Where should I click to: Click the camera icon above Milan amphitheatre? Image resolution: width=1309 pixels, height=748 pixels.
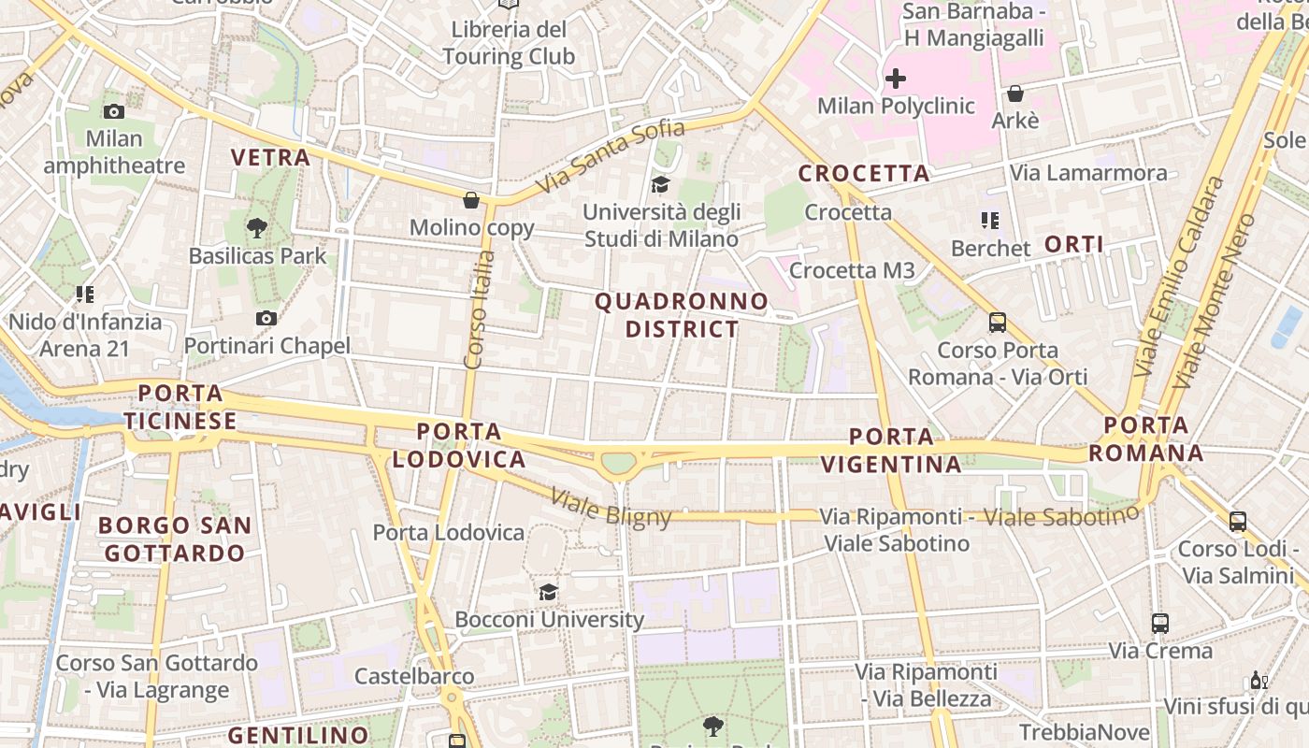114,111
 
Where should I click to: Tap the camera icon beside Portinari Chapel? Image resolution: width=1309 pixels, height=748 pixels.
266,318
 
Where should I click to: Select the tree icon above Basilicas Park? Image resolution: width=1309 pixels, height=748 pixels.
257,226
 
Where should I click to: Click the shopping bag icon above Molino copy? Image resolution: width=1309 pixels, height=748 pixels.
471,200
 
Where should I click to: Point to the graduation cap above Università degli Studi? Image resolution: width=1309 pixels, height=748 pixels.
661,184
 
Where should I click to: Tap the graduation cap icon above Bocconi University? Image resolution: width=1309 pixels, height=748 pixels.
549,592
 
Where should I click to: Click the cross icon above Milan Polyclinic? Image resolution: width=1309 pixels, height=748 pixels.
896,78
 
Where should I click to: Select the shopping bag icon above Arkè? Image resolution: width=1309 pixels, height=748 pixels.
1014,93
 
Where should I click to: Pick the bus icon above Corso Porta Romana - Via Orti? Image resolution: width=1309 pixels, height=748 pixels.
998,323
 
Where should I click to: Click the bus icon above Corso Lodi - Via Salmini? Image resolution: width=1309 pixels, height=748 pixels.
1238,521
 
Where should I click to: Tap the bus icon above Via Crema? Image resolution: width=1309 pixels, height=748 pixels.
1160,623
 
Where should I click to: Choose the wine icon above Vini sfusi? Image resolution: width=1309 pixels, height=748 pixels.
1259,680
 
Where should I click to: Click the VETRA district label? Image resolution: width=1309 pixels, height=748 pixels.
270,157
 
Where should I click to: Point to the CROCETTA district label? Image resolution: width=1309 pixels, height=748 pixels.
864,173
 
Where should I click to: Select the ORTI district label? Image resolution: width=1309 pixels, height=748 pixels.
1074,245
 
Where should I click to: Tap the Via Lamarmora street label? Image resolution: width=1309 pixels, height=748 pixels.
1088,173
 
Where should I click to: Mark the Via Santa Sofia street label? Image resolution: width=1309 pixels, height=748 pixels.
612,157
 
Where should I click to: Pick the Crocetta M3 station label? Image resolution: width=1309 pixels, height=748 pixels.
852,270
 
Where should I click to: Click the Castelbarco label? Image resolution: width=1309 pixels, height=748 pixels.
414,675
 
